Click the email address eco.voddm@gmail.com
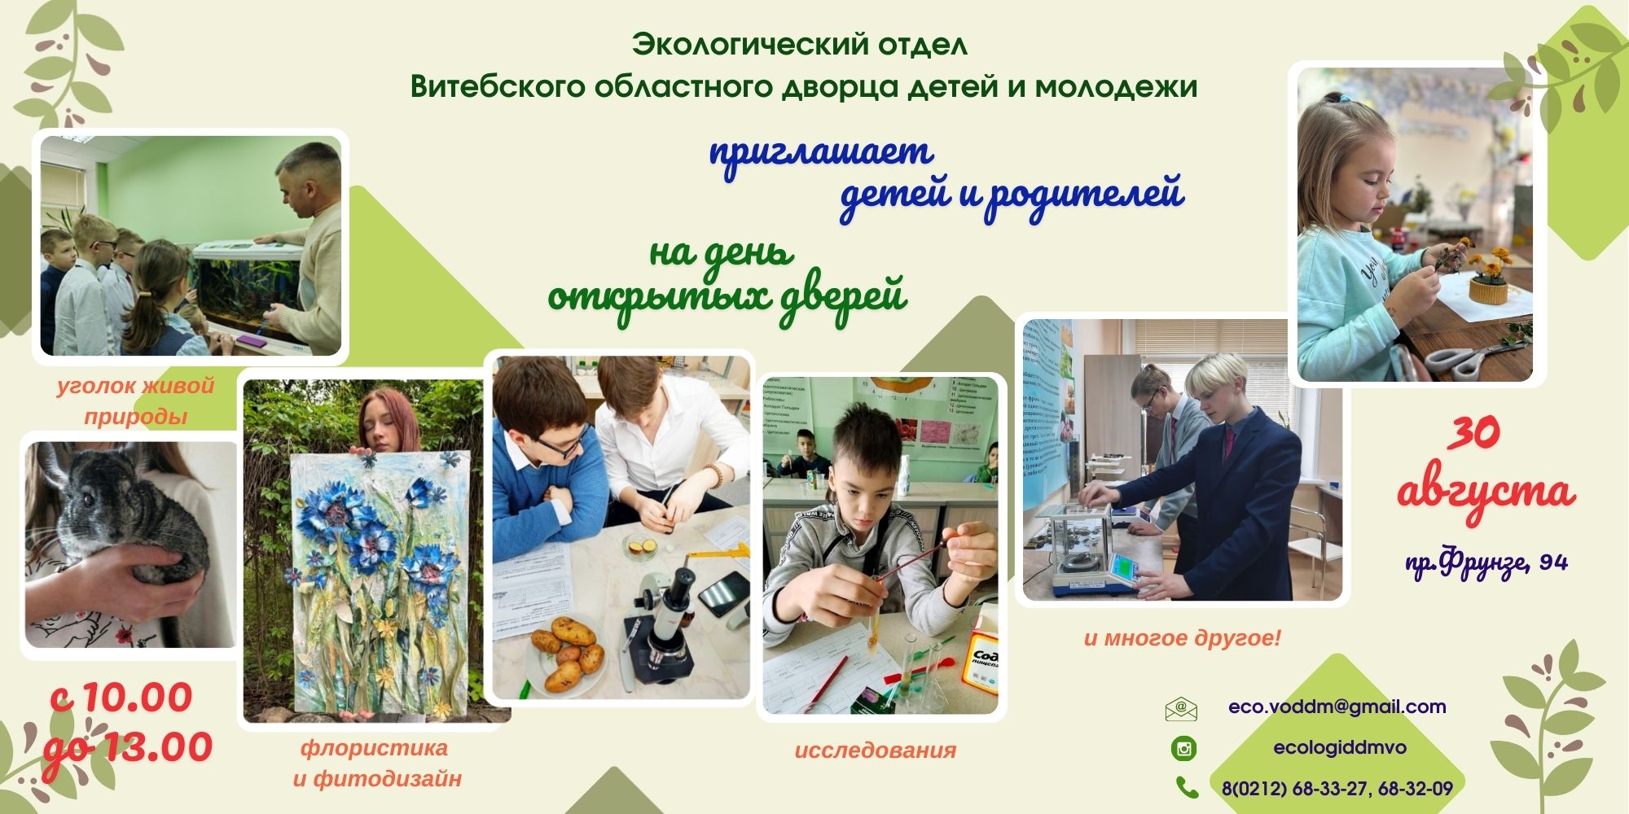[x=1337, y=707]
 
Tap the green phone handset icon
[x=1187, y=787]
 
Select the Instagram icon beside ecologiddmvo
[x=1183, y=748]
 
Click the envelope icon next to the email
[x=1181, y=709]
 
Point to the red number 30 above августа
[x=1473, y=433]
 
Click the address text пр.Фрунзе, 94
[x=1486, y=562]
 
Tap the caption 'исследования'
[x=875, y=751]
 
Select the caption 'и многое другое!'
[x=1182, y=638]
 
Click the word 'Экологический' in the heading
[x=749, y=44]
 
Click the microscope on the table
[x=660, y=627]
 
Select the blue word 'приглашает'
[x=821, y=153]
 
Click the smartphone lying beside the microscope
[x=723, y=593]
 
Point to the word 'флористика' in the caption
[x=374, y=747]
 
